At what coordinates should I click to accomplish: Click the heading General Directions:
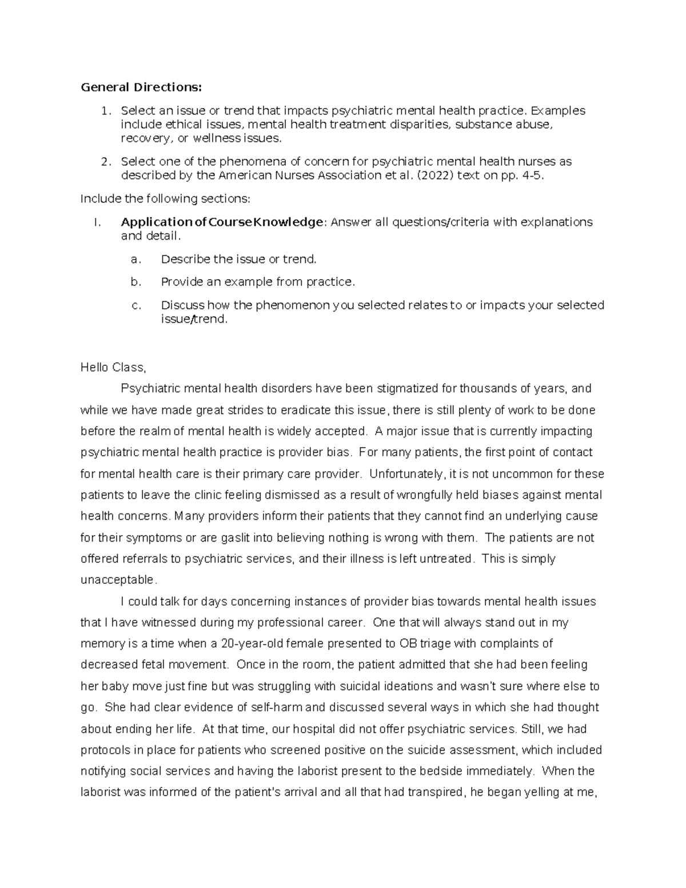(x=141, y=87)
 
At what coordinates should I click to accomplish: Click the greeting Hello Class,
(x=113, y=368)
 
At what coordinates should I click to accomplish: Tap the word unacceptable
(x=118, y=580)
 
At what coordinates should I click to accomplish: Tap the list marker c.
(x=135, y=305)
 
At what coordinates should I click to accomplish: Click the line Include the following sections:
(x=165, y=198)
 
